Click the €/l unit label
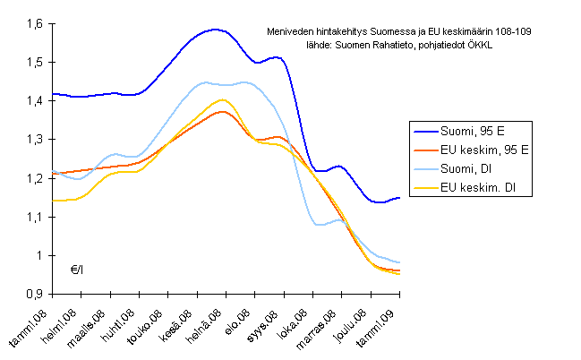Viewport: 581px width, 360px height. click(79, 269)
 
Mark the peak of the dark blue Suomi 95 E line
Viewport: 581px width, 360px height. click(214, 29)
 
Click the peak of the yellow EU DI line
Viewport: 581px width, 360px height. click(221, 100)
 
